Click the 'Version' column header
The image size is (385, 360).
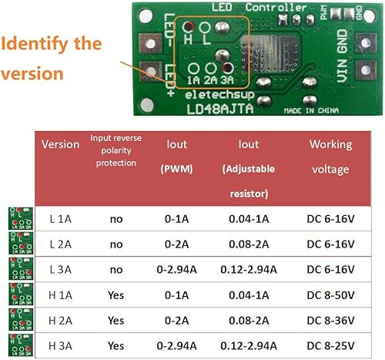pos(60,144)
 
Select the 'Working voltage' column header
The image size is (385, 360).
pos(331,156)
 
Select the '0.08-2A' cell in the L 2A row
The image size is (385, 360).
pos(249,244)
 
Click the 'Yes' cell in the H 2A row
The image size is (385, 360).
pos(116,320)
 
